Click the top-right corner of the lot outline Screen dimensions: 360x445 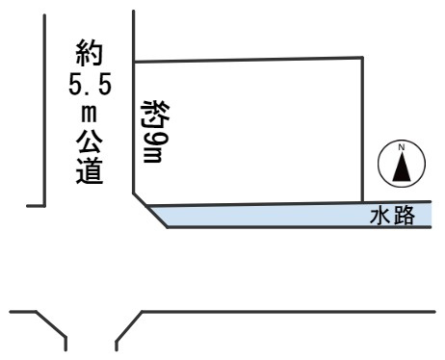[363, 58]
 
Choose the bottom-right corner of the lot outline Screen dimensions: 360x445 [363, 203]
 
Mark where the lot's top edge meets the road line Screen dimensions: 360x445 [133, 63]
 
